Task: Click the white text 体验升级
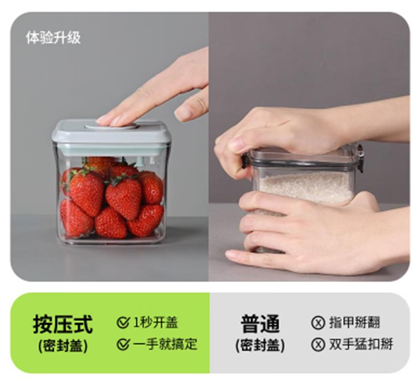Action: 53,38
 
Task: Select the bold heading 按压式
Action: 63,324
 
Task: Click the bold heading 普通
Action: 260,324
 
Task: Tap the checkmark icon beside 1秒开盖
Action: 123,322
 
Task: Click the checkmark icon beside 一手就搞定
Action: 123,344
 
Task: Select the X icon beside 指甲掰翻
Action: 318,323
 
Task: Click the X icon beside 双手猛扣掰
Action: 318,344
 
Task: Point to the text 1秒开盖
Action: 155,323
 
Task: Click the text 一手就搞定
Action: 165,344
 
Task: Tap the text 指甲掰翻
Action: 355,323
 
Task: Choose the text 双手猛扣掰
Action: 361,344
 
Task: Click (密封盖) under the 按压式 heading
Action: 63,346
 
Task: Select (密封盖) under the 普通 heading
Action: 260,346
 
